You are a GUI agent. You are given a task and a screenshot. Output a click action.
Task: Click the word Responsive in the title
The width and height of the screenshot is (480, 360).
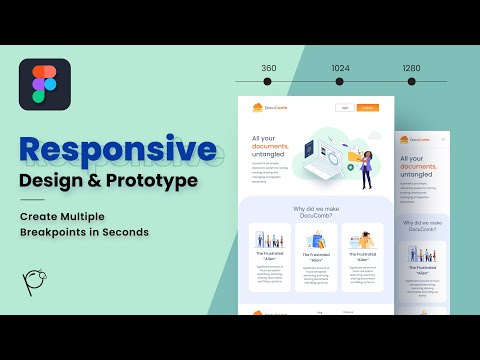click(117, 150)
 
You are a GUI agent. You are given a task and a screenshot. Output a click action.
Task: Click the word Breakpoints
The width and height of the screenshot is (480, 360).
click(61, 233)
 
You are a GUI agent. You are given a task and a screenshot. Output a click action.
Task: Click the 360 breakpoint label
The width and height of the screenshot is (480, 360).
click(269, 68)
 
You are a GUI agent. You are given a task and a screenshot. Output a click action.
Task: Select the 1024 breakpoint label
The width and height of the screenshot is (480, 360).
click(341, 68)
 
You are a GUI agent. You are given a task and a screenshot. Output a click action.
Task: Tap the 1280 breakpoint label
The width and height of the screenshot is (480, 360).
click(411, 68)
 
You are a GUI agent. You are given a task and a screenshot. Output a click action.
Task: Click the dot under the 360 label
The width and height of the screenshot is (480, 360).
click(269, 82)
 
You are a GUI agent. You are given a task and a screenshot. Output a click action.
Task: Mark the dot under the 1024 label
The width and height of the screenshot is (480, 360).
click(341, 82)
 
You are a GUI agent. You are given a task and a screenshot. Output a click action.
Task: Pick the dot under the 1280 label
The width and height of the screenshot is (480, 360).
click(411, 82)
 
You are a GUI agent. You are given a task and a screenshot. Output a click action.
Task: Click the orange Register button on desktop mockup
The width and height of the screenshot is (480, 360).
click(368, 107)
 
